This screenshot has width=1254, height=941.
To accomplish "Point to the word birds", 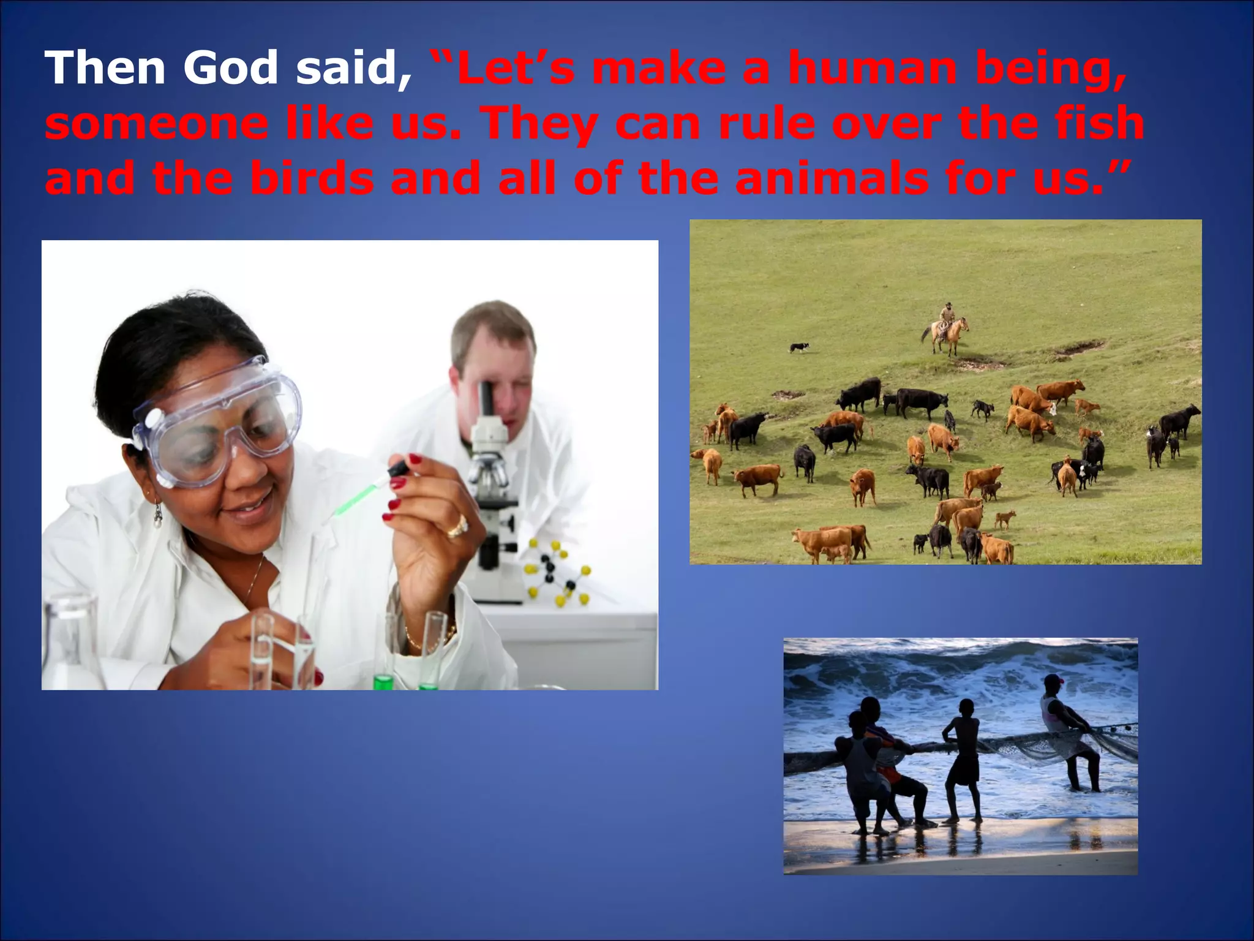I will pyautogui.click(x=312, y=178).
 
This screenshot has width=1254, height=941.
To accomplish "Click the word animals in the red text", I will pyautogui.click(x=832, y=178).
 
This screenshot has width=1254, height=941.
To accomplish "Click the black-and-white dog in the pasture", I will pyautogui.click(x=798, y=347).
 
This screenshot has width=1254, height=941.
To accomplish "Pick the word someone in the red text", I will pyautogui.click(x=157, y=123).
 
